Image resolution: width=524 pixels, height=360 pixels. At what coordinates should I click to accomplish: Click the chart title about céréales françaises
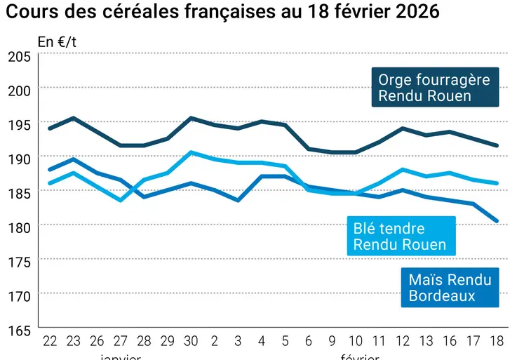pyautogui.click(x=222, y=13)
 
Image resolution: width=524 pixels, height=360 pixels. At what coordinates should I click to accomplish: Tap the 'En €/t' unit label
pyautogui.click(x=57, y=42)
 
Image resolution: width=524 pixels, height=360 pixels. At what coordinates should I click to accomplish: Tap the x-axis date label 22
pyautogui.click(x=50, y=340)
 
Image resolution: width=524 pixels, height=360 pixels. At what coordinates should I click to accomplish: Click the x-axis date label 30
pyautogui.click(x=191, y=340)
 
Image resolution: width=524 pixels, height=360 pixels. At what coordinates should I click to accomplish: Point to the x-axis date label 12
pyautogui.click(x=403, y=340)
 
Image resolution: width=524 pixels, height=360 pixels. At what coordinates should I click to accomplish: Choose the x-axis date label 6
pyautogui.click(x=309, y=340)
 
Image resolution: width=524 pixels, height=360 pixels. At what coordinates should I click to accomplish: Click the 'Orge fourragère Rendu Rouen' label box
pyautogui.click(x=434, y=88)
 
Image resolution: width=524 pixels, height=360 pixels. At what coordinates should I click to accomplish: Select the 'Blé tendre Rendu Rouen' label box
pyautogui.click(x=400, y=236)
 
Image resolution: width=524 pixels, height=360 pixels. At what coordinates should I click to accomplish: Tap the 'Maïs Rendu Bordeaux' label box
pyautogui.click(x=450, y=288)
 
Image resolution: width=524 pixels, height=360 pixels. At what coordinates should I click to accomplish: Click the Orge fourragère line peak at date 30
pyautogui.click(x=191, y=118)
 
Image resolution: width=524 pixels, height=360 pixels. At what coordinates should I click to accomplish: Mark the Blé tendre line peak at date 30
pyautogui.click(x=191, y=152)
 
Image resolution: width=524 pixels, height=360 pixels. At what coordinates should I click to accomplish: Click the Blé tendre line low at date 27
pyautogui.click(x=121, y=200)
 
